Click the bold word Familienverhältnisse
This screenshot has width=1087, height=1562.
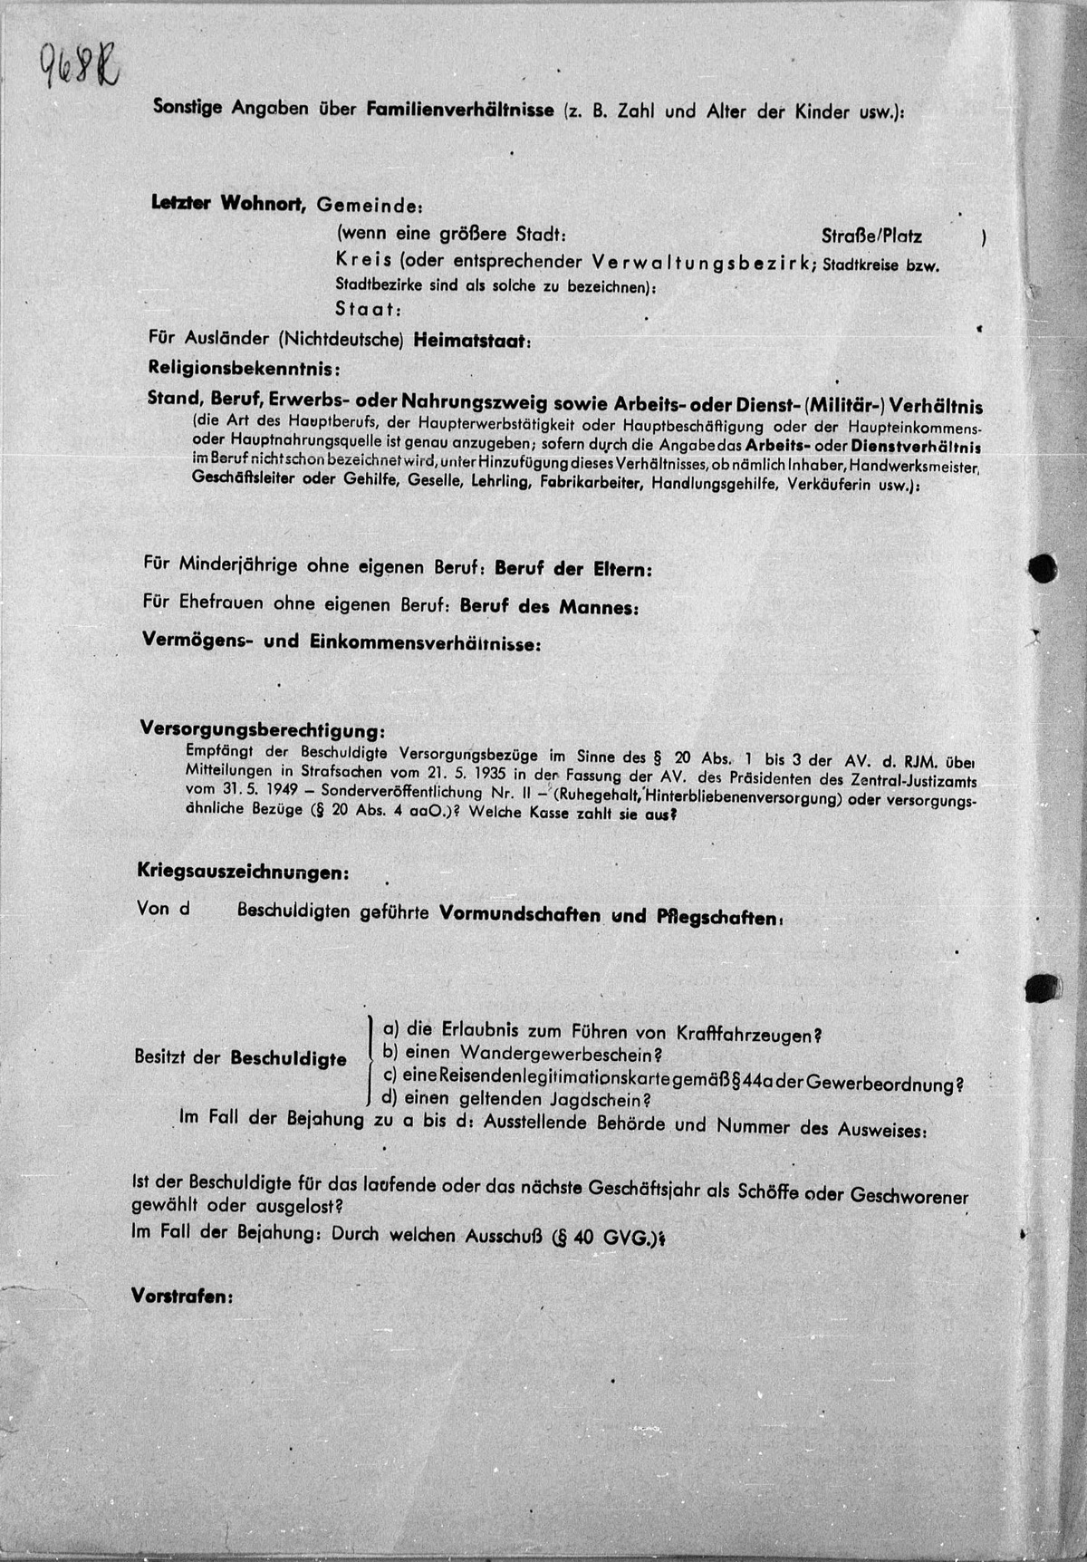coord(460,111)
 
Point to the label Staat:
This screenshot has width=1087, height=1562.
coord(368,308)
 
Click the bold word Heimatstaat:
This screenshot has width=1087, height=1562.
coord(473,341)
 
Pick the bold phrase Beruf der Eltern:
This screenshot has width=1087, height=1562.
coord(574,569)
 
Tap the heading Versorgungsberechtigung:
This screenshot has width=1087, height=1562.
coord(261,729)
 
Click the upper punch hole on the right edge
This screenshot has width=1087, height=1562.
coord(1044,569)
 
